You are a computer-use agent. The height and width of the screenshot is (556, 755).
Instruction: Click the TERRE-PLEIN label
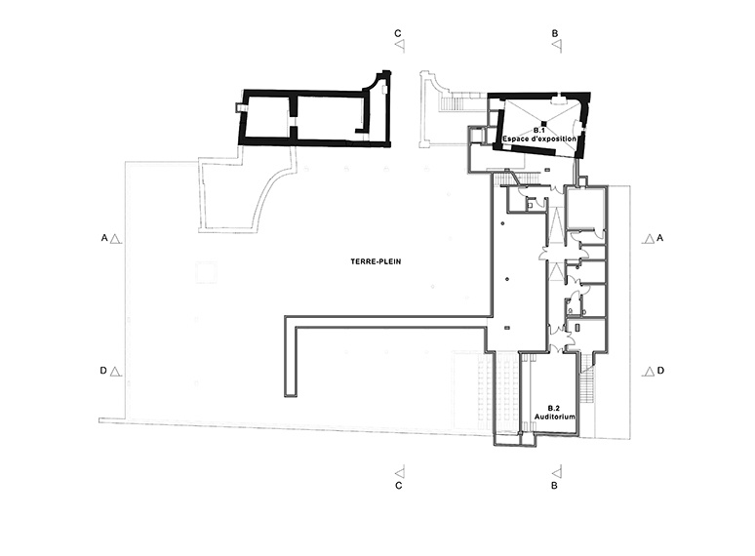coord(376,261)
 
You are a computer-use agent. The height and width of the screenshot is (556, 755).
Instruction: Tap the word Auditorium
coord(555,417)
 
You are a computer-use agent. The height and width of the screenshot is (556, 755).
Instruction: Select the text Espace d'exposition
coord(539,139)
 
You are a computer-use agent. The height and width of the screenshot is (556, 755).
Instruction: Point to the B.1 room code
coord(538,131)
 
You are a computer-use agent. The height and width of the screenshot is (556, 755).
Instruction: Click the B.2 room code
coord(555,409)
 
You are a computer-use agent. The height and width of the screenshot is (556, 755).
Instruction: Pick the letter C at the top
coord(398,33)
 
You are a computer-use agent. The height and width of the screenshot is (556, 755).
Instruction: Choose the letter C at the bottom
coord(398,486)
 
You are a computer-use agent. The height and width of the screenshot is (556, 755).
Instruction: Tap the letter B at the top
coord(555,34)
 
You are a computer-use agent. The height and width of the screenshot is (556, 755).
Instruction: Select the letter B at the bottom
coord(554,486)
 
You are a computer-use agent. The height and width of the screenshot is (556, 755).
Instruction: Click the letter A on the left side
coord(104,238)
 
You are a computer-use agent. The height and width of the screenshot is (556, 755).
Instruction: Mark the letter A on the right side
coord(660,238)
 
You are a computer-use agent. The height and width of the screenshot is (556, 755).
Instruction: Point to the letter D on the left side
coord(103,371)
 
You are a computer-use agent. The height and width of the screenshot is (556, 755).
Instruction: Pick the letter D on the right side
coord(660,371)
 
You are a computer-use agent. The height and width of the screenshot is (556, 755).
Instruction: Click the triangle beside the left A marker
coord(115,239)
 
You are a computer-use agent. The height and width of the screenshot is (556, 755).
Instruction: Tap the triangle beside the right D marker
coord(649,371)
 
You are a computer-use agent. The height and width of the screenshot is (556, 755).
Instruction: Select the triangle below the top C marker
coord(400,46)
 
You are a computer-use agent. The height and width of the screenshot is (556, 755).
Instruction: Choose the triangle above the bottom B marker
coord(557,471)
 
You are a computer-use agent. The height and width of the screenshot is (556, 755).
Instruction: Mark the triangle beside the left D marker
coord(115,372)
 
